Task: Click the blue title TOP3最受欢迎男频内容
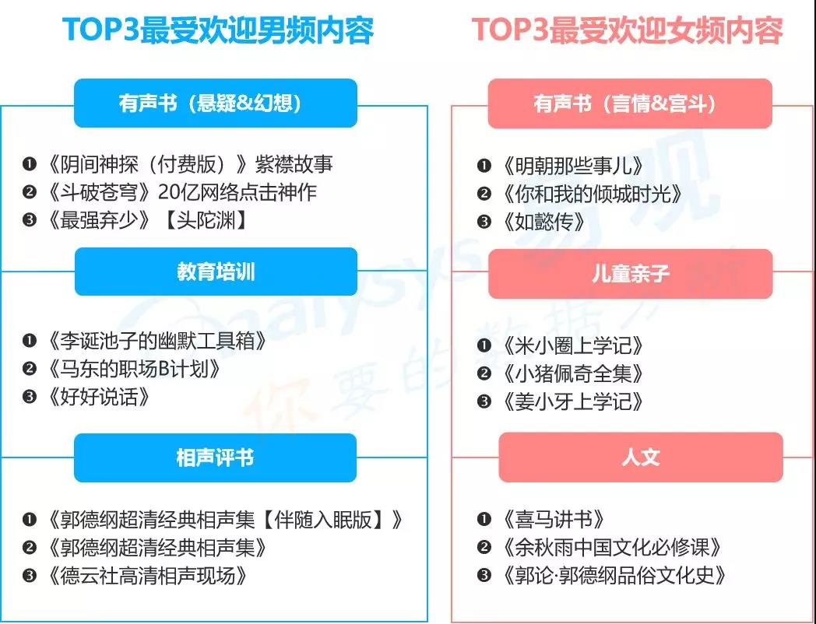[218, 30]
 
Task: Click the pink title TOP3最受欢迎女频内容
[627, 30]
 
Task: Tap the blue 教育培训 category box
[216, 272]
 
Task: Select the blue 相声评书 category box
[216, 457]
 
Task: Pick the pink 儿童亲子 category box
[630, 274]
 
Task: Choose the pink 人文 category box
[641, 457]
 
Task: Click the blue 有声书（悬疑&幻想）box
[216, 103]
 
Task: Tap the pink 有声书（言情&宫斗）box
[630, 103]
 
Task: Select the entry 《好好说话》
[98, 398]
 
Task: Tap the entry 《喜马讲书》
[553, 519]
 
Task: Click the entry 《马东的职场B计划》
[134, 370]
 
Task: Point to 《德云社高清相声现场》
[146, 576]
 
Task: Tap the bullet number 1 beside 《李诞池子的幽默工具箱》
[29, 341]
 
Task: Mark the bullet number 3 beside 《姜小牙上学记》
[484, 401]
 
